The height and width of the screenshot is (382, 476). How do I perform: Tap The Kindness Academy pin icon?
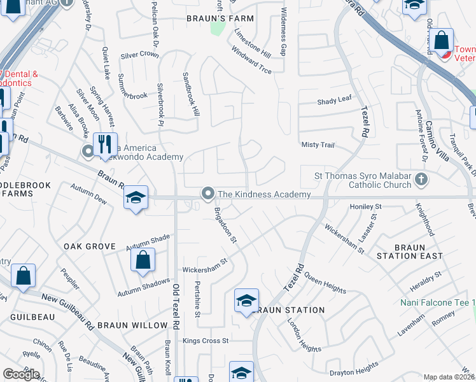(207, 193)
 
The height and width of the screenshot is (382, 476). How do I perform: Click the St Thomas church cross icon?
(420, 180)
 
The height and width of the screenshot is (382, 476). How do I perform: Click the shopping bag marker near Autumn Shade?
(143, 259)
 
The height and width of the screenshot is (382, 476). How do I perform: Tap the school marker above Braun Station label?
(246, 301)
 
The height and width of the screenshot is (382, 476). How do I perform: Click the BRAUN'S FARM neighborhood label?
(220, 18)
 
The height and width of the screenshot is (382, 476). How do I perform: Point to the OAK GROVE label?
(89, 246)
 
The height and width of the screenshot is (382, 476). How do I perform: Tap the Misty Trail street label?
(318, 145)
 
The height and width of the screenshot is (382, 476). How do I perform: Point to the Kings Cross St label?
(206, 341)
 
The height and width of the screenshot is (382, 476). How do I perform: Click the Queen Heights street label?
(325, 283)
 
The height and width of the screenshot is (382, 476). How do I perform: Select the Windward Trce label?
(252, 60)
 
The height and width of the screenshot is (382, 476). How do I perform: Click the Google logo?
(21, 374)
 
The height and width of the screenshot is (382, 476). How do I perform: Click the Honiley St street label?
(365, 207)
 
